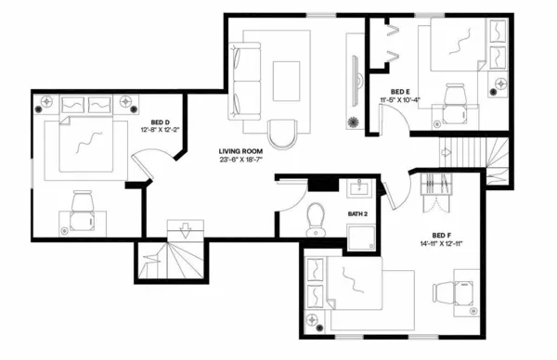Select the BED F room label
pyautogui.click(x=443, y=235)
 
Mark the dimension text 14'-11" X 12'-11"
pyautogui.click(x=443, y=244)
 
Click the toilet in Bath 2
pyautogui.click(x=315, y=219)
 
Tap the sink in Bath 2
pyautogui.click(x=357, y=191)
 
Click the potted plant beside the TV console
pyautogui.click(x=352, y=122)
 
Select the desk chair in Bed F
pyautogui.click(x=460, y=290)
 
